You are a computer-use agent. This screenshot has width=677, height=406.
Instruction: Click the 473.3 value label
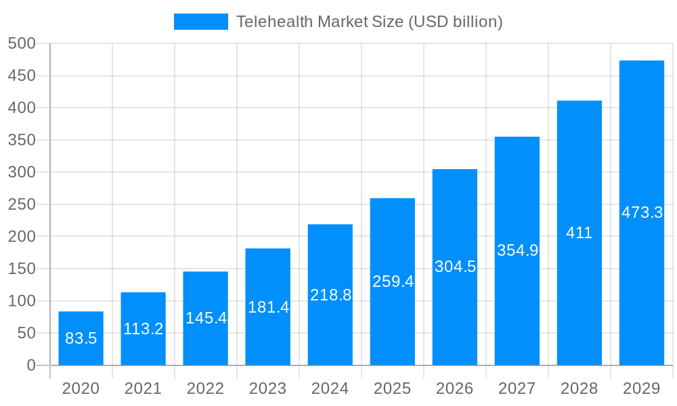(x=642, y=212)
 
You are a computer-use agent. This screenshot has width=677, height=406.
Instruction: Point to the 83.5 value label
(x=81, y=338)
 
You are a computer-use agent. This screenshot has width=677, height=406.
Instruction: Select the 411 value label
(x=580, y=233)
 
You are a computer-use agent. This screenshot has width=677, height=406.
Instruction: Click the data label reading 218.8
(x=330, y=295)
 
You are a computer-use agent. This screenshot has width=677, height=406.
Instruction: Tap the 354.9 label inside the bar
(x=517, y=250)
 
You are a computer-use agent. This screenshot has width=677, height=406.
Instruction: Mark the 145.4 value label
(x=206, y=318)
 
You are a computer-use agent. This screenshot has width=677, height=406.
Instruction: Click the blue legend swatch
(x=201, y=22)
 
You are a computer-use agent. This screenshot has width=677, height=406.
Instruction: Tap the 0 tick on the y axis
(x=31, y=365)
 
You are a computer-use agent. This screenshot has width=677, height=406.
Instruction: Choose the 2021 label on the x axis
(x=144, y=388)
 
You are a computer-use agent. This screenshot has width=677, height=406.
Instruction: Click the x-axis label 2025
(x=393, y=388)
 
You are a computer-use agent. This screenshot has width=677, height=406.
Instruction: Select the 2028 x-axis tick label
(x=580, y=388)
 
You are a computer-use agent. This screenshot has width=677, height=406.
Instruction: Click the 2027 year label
(x=517, y=388)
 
